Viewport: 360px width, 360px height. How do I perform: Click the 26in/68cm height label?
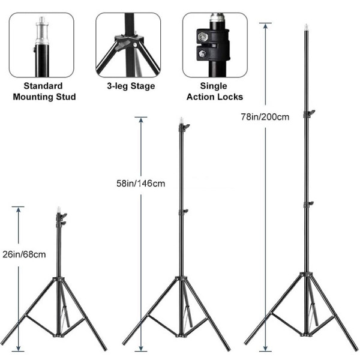[24, 254]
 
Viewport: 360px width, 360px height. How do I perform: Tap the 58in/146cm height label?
[140, 184]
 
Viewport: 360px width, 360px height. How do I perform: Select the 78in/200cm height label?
[265, 117]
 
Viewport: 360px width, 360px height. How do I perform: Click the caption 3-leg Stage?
[131, 86]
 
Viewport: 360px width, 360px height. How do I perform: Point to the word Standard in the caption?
[43, 86]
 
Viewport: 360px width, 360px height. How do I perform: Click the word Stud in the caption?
[66, 97]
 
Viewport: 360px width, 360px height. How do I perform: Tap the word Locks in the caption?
[230, 97]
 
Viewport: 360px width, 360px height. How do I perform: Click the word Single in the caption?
[214, 86]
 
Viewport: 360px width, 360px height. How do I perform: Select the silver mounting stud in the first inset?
[42, 31]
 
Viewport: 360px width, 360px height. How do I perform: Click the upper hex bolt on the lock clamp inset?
[202, 36]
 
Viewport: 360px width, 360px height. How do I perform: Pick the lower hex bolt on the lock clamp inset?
[202, 54]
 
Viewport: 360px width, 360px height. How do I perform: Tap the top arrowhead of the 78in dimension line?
[265, 26]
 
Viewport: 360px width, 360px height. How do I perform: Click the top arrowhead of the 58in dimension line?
[141, 121]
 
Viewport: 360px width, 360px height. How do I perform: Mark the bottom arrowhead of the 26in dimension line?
[18, 348]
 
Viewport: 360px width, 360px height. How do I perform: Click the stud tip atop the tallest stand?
[306, 27]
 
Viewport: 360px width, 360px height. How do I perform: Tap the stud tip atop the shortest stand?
[59, 209]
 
